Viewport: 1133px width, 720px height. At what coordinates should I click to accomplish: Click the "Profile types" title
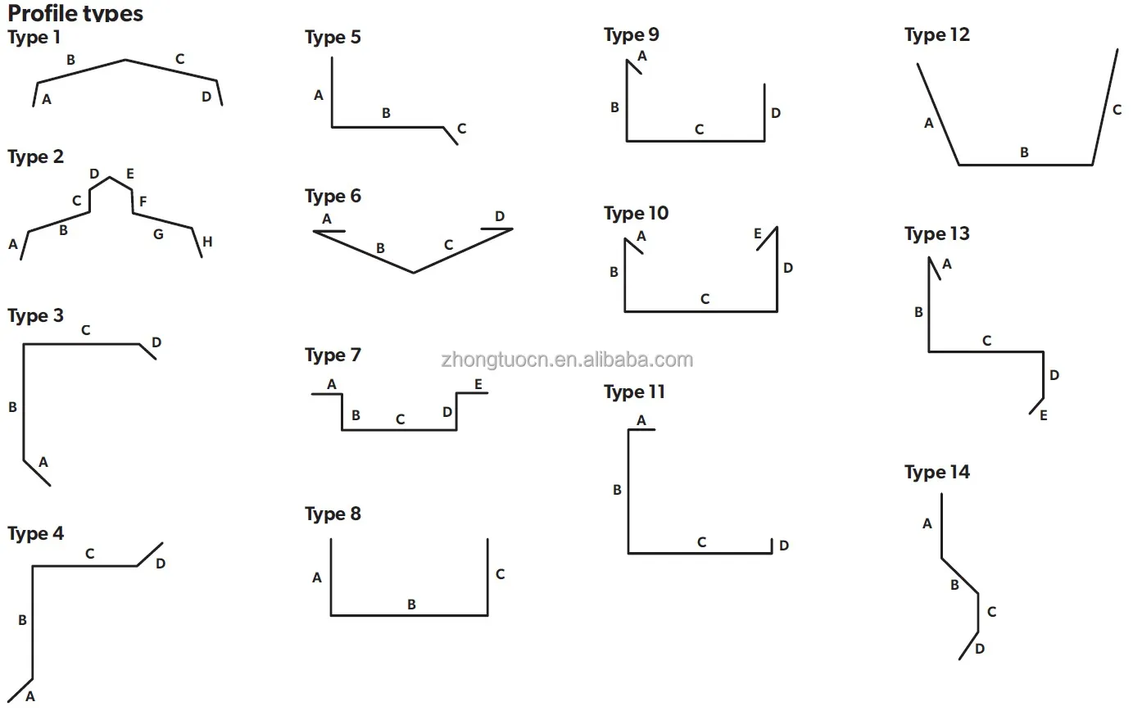[75, 12]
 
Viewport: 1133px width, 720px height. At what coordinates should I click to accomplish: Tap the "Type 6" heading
[333, 197]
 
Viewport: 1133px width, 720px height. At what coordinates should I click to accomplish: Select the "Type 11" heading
[634, 392]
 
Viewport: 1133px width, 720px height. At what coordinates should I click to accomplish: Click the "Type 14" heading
[936, 473]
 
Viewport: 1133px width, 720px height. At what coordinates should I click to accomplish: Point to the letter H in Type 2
[207, 242]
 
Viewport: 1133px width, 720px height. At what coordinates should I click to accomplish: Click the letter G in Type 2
[158, 234]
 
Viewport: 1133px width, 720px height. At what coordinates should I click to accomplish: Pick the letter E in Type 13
[1043, 415]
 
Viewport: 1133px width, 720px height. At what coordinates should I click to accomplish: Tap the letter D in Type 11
[784, 546]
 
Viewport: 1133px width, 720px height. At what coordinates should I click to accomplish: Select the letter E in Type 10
[757, 233]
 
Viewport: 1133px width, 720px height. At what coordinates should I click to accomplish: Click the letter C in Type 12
[1117, 110]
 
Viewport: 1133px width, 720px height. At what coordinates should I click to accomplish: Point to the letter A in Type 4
[30, 697]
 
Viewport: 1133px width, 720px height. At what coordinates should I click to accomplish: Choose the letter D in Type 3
[156, 342]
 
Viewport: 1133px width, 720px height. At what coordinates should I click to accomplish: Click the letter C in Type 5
[461, 129]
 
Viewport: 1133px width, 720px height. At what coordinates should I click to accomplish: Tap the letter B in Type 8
[411, 605]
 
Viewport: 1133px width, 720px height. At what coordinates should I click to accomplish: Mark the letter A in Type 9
[641, 57]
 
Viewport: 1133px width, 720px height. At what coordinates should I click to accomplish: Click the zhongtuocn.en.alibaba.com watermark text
[567, 360]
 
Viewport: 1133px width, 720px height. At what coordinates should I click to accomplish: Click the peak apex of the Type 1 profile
[125, 60]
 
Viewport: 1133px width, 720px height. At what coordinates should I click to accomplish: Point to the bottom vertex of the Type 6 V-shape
[413, 273]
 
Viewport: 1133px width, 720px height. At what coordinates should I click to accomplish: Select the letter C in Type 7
[400, 419]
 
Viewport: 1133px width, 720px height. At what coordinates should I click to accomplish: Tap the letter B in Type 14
[954, 585]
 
